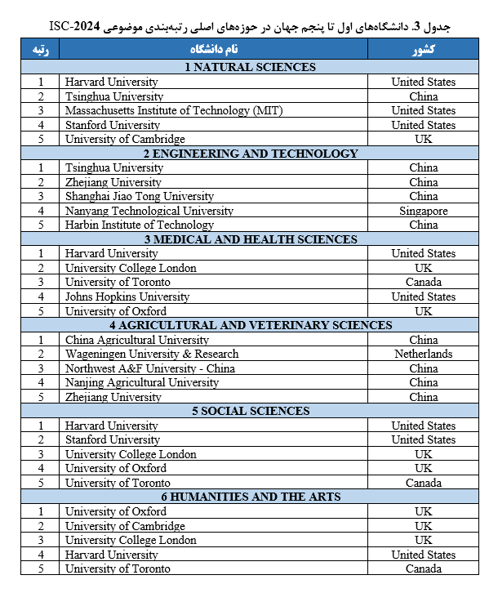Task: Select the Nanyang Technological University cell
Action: (x=149, y=211)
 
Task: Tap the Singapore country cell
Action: (x=423, y=211)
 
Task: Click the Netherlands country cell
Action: (x=423, y=354)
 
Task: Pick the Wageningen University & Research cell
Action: (x=152, y=354)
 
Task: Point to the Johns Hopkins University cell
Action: (x=127, y=296)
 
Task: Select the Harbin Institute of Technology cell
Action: (x=140, y=225)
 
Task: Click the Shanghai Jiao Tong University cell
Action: (x=140, y=196)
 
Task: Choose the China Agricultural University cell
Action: (x=137, y=340)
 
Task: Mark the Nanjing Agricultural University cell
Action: (x=142, y=382)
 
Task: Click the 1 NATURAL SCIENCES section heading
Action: (x=250, y=67)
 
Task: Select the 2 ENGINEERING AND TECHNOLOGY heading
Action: (x=250, y=153)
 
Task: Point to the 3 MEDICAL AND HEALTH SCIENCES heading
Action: (x=250, y=239)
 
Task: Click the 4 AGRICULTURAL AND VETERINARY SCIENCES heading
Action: (x=250, y=325)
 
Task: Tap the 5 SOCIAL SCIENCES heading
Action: (x=250, y=411)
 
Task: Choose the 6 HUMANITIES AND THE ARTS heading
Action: (x=250, y=497)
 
